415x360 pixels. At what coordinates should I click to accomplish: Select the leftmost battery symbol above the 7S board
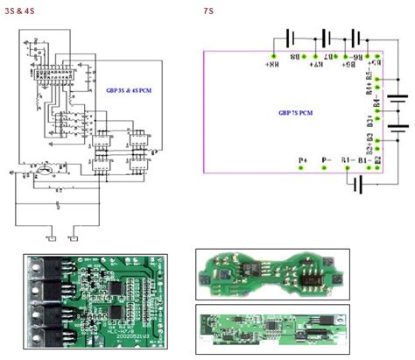289,39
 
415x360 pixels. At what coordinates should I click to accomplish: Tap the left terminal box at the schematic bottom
52,237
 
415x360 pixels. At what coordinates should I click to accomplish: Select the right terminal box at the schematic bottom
75,237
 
